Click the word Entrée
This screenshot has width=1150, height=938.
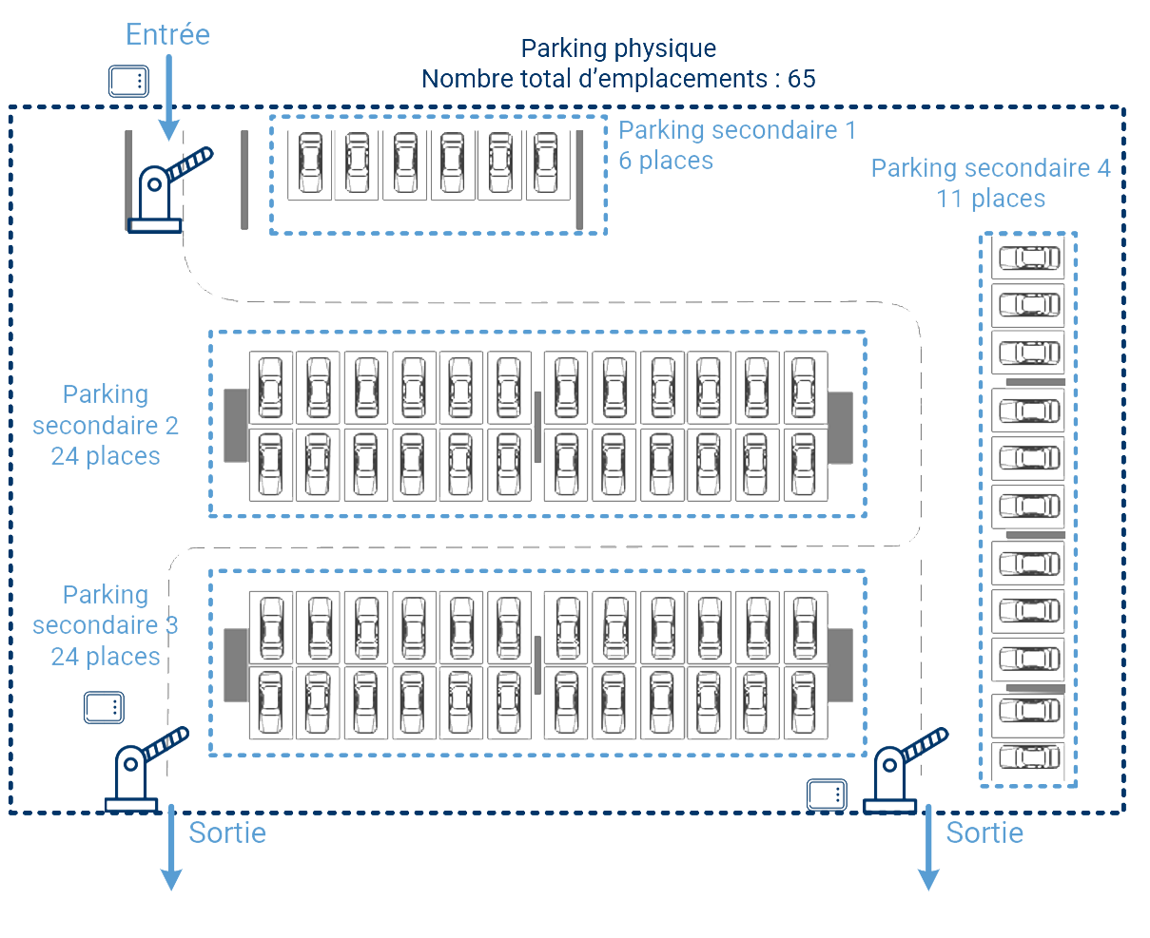167,35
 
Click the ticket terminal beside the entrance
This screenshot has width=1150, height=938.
128,82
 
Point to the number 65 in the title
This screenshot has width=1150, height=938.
802,79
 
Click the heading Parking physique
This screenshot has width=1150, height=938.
618,48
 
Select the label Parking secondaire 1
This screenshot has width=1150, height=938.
737,130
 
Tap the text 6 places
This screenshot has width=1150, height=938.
666,161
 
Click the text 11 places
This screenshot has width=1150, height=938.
990,199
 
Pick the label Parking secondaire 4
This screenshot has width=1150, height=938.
990,168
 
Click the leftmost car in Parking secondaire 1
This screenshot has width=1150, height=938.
310,163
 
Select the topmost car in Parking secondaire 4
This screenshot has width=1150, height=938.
1029,257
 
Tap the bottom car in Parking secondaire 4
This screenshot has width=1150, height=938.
1029,757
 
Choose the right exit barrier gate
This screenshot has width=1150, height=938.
899,771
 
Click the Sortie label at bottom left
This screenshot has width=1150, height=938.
227,833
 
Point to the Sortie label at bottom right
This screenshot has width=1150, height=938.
984,833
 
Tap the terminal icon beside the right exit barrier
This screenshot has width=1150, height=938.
827,794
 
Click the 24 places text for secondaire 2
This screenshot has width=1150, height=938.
106,456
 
